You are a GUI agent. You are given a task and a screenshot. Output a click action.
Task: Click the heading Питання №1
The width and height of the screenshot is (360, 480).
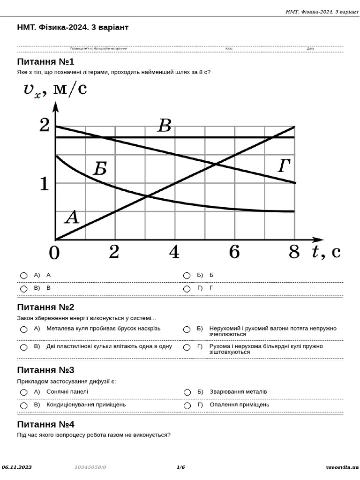[45, 61]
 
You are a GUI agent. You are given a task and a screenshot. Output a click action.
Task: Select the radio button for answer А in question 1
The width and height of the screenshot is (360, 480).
[24, 276]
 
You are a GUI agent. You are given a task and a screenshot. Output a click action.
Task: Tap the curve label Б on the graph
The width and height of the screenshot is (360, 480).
[100, 169]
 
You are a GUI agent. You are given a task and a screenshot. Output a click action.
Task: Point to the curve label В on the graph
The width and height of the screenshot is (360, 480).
[164, 126]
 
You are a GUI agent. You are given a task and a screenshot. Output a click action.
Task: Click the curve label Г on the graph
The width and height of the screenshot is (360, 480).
[284, 166]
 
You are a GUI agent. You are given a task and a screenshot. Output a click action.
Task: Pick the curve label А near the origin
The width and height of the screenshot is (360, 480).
[71, 217]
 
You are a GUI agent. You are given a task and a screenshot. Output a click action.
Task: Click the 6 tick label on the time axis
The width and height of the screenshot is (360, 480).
[234, 252]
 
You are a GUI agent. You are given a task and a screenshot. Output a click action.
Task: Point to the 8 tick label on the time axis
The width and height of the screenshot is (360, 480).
[294, 252]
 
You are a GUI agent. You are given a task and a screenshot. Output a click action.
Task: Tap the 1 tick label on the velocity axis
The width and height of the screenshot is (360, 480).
[44, 183]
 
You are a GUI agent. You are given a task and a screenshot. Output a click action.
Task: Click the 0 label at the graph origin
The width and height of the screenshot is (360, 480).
[54, 253]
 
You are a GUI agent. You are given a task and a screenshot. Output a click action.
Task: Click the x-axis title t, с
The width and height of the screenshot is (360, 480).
[326, 252]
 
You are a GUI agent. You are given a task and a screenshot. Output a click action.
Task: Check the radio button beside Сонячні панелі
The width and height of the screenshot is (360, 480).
[24, 392]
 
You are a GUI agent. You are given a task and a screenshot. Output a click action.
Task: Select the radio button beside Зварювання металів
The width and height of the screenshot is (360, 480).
[187, 392]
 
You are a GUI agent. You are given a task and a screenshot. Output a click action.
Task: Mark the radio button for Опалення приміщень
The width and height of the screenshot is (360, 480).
[187, 405]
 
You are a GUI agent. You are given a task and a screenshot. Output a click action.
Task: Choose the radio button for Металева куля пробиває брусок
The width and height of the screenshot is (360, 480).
[24, 330]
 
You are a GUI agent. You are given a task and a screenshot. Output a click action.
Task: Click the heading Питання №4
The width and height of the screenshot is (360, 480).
[45, 424]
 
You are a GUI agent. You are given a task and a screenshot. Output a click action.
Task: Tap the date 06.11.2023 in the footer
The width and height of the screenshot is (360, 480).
[17, 467]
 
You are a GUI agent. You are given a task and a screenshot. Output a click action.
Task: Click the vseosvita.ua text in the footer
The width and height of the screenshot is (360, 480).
[342, 467]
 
